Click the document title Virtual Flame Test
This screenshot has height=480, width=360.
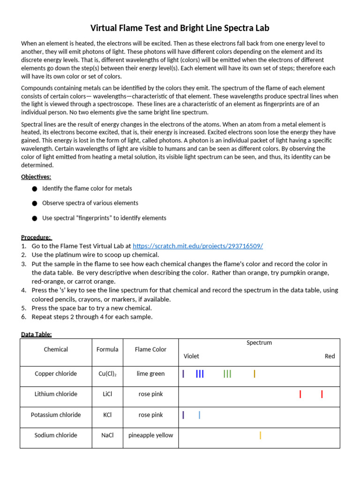(x=180, y=28)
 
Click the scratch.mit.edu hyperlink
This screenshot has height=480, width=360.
(x=197, y=246)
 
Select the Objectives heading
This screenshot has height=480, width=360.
(x=36, y=177)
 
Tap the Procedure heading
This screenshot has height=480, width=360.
(x=37, y=237)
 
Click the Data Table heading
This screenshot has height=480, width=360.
(x=37, y=334)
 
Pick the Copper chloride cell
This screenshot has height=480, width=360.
(x=56, y=374)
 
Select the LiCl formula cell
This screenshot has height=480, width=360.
(x=107, y=394)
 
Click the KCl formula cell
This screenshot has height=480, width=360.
(x=107, y=415)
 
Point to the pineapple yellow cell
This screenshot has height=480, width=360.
(x=150, y=435)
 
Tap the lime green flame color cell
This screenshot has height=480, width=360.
(x=150, y=374)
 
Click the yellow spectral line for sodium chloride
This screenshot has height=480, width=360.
(x=260, y=435)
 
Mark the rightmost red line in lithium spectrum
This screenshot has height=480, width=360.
(x=322, y=394)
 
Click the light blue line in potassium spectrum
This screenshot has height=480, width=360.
(x=200, y=415)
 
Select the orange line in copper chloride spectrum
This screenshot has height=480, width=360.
(x=255, y=374)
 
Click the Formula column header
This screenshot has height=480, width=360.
(x=107, y=349)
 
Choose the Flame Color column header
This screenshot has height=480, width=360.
(x=150, y=349)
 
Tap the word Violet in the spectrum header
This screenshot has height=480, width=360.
(x=191, y=356)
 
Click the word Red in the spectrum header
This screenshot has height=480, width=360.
(x=330, y=356)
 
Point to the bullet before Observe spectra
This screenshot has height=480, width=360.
(x=34, y=203)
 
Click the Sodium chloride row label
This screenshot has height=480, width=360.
(x=56, y=435)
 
